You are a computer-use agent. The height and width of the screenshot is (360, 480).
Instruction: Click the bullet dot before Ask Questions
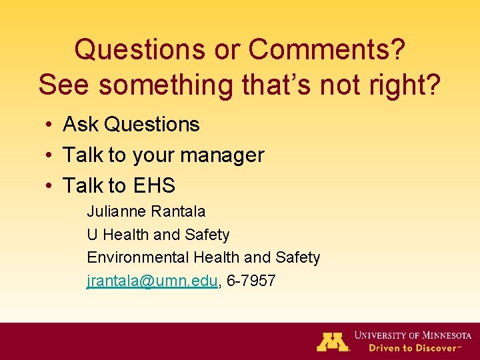(x=50, y=125)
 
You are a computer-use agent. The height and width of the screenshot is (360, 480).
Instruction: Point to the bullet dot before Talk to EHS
(x=50, y=186)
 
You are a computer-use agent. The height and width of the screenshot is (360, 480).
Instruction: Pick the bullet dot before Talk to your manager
(x=50, y=155)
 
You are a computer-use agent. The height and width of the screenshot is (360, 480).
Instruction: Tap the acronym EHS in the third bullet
(x=154, y=185)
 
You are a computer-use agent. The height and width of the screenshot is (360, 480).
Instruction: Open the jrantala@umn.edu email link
(x=152, y=281)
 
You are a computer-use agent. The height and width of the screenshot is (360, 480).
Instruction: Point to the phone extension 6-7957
(x=251, y=281)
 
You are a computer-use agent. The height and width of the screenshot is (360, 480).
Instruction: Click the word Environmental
(x=138, y=257)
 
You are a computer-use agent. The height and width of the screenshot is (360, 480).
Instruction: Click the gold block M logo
(x=333, y=341)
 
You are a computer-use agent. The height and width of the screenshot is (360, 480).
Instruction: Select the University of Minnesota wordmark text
(x=413, y=335)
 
